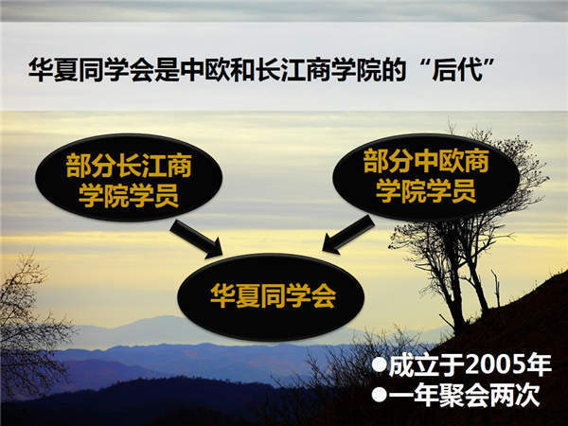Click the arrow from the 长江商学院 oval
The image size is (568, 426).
coord(197,239)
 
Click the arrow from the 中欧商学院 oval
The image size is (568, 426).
coord(348,235)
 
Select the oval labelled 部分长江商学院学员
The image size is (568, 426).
coord(129,178)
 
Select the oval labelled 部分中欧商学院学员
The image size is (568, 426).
coord(426,177)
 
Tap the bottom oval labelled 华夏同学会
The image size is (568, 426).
coord(271,297)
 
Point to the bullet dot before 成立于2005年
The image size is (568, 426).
coord(380,365)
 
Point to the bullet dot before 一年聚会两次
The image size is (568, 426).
coord(380,395)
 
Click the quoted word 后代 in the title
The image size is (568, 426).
coord(458,69)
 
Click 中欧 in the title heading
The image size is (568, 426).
coord(204,69)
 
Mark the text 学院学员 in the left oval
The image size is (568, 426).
coord(129,196)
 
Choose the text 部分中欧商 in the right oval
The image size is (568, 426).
coord(426,161)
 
